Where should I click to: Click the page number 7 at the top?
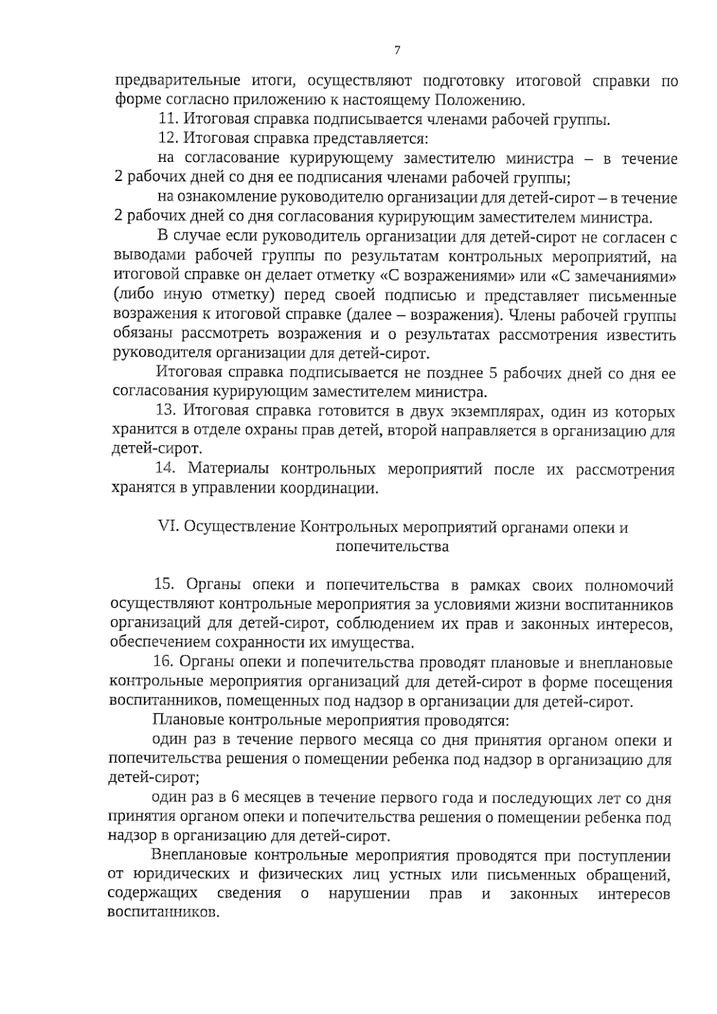[397, 50]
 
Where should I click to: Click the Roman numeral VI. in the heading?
[167, 528]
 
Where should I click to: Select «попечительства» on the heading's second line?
[393, 546]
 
